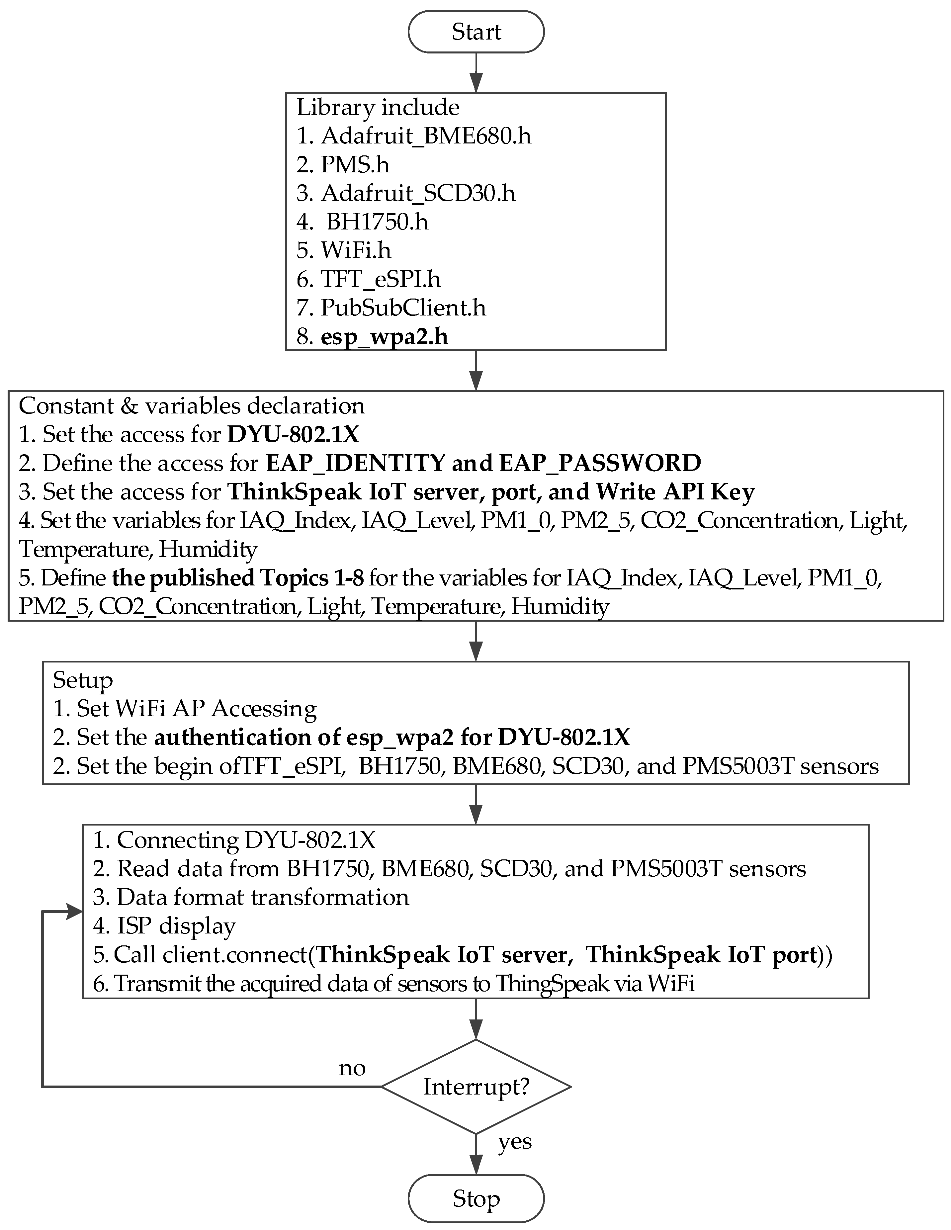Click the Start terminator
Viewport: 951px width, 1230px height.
click(476, 32)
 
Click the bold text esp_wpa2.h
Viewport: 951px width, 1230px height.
click(384, 337)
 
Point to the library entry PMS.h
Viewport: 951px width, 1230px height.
click(355, 164)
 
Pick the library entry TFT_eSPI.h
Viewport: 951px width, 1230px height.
click(381, 279)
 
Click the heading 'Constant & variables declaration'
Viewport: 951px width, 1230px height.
click(192, 405)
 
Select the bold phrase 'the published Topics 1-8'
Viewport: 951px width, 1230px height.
click(238, 578)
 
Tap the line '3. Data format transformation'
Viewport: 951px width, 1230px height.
click(251, 897)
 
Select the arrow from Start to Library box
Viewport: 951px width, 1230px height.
click(476, 72)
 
